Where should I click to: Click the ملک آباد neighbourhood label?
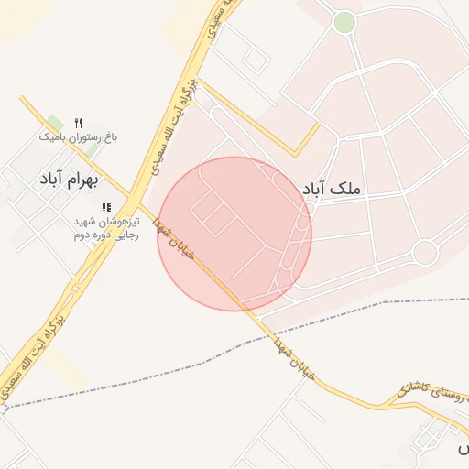(332, 188)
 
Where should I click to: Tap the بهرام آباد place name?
(62, 179)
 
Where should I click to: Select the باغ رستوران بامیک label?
(78, 137)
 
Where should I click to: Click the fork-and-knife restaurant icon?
(78, 123)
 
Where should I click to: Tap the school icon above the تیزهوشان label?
(106, 208)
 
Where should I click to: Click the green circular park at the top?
(344, 22)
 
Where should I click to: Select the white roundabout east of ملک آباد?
(424, 252)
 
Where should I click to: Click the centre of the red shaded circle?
(234, 234)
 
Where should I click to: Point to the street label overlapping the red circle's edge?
(174, 240)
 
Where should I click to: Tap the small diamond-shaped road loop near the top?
(256, 60)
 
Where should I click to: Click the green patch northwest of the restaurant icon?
(55, 123)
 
